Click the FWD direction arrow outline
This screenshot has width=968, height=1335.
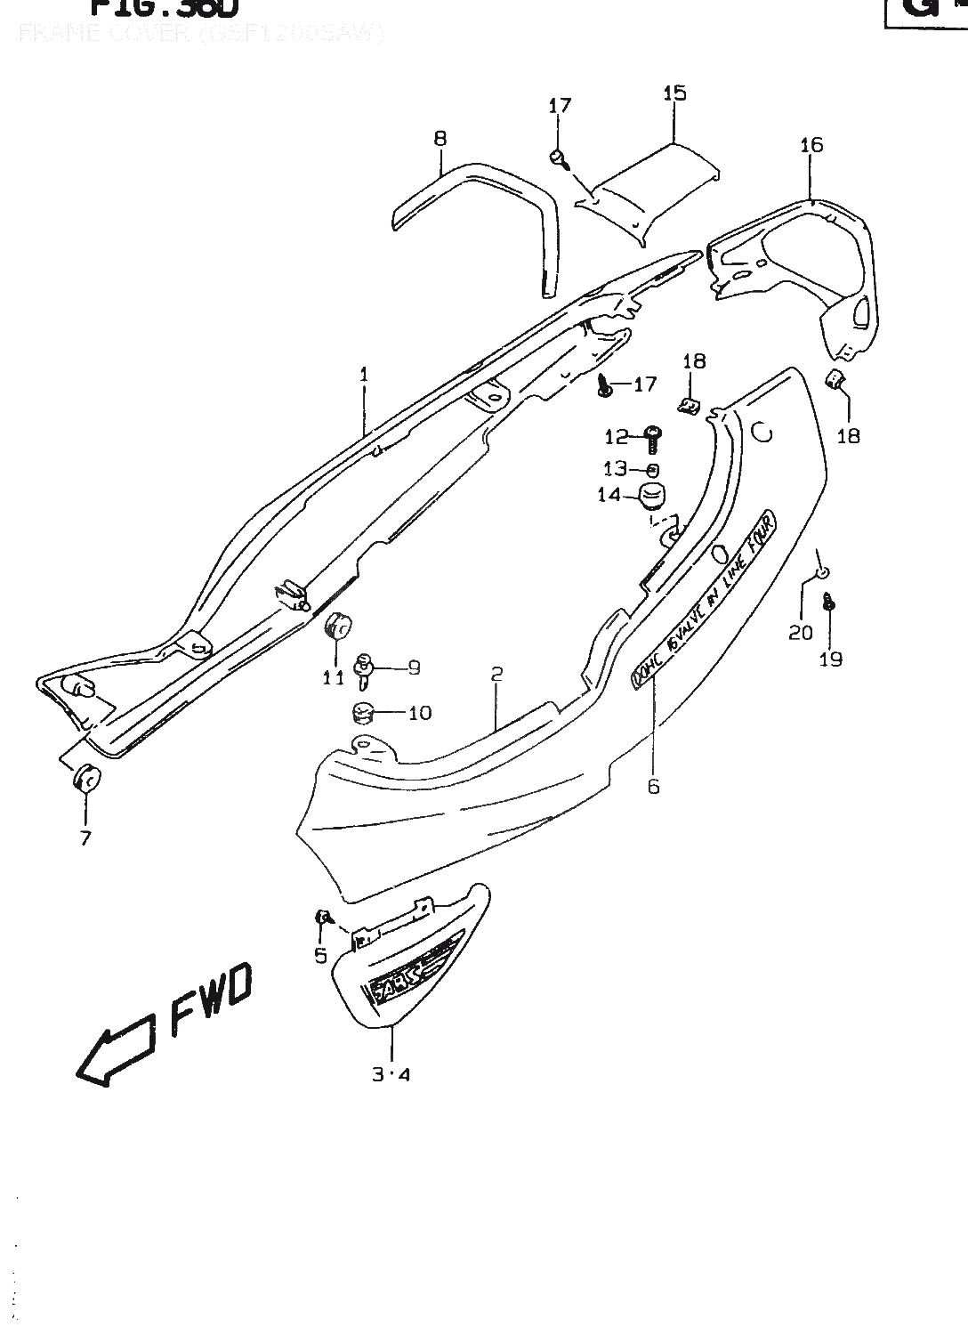coord(117,1051)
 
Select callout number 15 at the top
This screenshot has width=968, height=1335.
coord(674,93)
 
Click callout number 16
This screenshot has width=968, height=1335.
coord(811,144)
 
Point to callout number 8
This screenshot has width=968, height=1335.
coord(440,138)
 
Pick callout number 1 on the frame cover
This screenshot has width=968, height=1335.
coord(364,375)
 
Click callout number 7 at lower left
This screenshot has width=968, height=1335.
coord(85,837)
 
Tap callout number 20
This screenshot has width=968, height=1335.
coord(801,632)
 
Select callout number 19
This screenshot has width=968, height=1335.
coord(831,659)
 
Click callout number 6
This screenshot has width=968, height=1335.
coord(654,787)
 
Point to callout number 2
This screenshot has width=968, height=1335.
coord(496,674)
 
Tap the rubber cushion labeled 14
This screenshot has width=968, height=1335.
coord(656,496)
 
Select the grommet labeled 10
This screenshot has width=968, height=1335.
coord(360,713)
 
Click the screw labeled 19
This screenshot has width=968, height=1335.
coord(829,603)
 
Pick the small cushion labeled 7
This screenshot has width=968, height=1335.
coord(86,779)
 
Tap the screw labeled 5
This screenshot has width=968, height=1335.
coord(325,916)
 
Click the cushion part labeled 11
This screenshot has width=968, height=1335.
coord(337,625)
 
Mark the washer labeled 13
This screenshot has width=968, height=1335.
coord(653,470)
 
